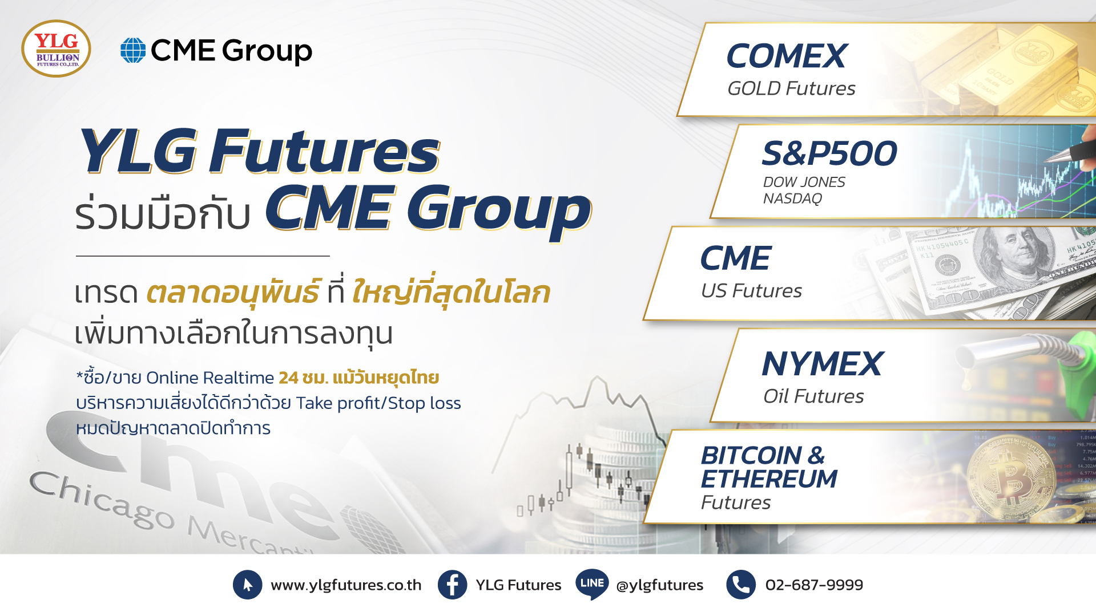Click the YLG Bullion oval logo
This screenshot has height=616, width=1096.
tap(56, 48)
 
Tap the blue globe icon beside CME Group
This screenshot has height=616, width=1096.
tap(133, 50)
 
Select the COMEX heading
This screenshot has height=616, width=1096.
tap(787, 56)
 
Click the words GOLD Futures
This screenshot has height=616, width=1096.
tap(791, 88)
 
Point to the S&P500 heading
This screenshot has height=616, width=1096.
tap(829, 153)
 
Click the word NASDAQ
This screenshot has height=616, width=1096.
tap(792, 198)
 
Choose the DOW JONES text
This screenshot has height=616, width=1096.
tap(804, 182)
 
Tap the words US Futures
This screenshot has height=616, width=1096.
tap(751, 291)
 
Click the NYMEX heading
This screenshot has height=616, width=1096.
tap(823, 364)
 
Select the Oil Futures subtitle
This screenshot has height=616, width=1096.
tap(813, 396)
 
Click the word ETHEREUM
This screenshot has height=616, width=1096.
tap(769, 479)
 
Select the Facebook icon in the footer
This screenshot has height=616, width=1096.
tap(452, 585)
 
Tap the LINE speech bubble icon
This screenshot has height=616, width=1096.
tap(592, 583)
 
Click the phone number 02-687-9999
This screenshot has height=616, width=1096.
tap(814, 585)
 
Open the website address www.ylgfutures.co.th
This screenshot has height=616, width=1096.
tap(346, 585)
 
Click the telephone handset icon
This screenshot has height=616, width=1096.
tap(741, 585)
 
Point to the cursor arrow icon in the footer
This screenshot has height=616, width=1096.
tap(248, 585)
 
